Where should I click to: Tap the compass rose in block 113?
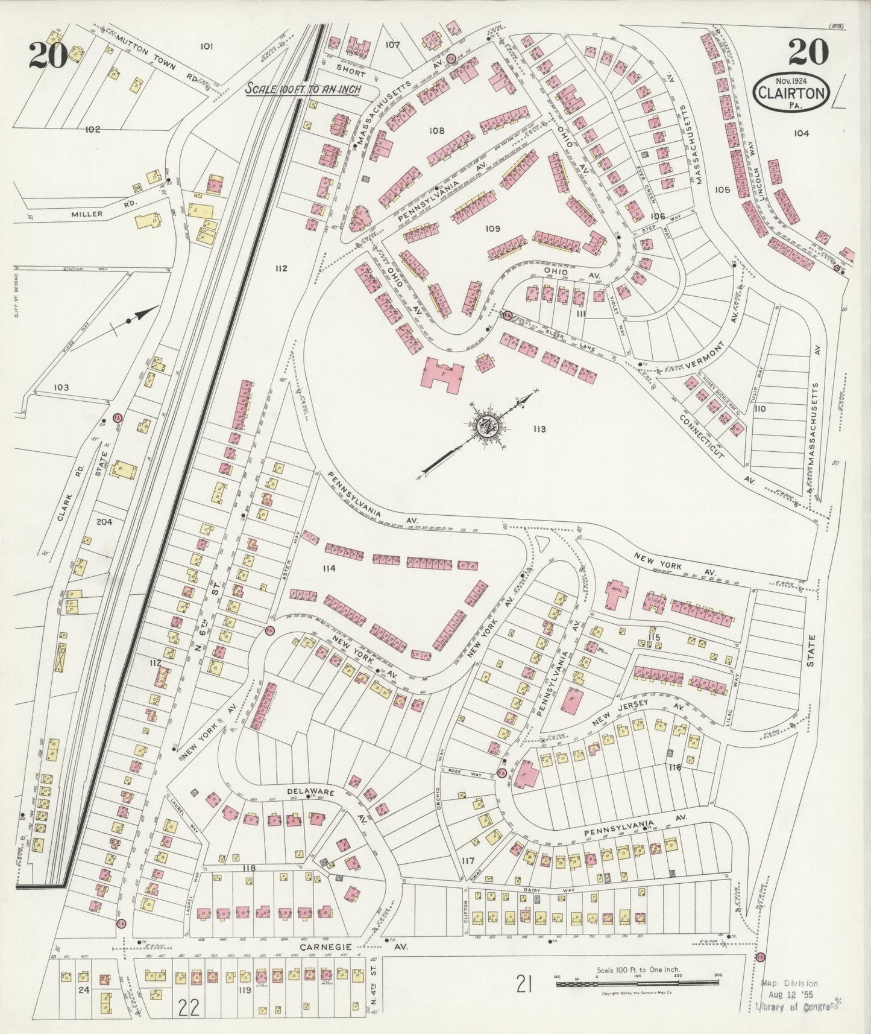[x=486, y=425]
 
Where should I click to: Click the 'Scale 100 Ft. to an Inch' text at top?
[x=303, y=89]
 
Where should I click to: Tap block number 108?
[x=436, y=131]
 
